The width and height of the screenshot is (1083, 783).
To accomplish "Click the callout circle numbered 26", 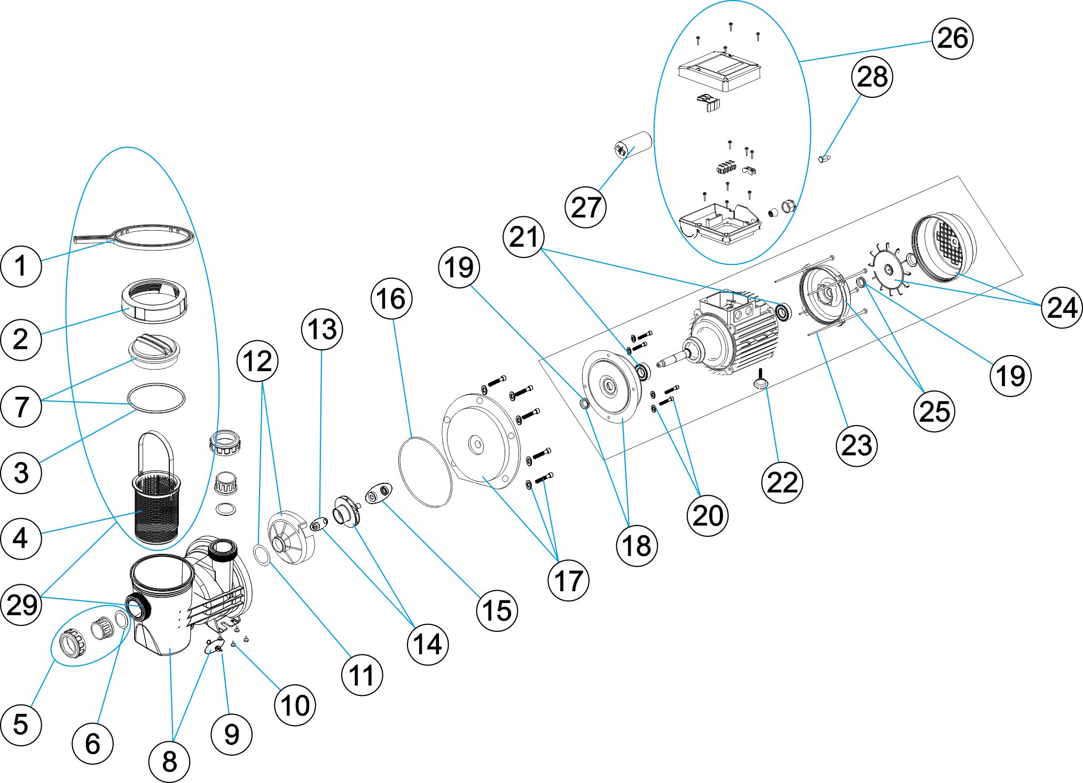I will tap(952, 38).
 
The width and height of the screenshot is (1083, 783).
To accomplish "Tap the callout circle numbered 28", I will tap(872, 77).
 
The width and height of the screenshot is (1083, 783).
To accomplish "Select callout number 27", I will tap(585, 207).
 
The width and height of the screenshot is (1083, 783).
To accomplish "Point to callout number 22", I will tap(782, 482).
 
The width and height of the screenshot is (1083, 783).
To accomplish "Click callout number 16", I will tap(391, 299).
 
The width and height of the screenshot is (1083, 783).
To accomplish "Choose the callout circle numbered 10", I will tap(295, 705).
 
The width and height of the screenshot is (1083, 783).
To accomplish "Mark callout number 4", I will tap(21, 538).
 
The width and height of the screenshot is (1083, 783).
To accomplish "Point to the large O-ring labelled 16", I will tap(425, 472).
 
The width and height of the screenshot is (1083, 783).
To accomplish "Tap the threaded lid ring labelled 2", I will tap(154, 300).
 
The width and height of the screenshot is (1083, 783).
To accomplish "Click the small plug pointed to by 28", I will tap(824, 158).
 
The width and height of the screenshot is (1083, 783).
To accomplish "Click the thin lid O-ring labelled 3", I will tap(156, 398).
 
